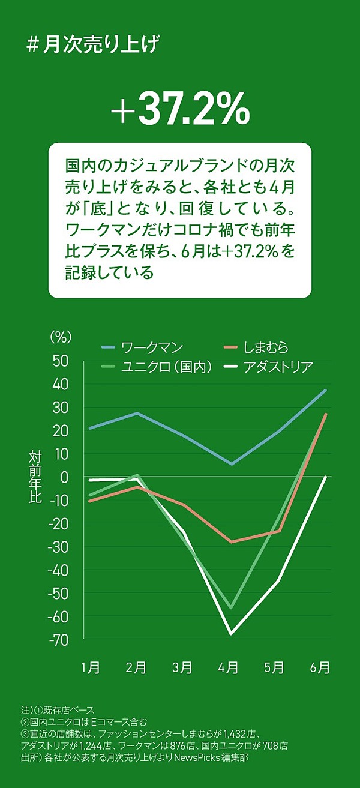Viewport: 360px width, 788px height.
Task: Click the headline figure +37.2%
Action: click(180, 109)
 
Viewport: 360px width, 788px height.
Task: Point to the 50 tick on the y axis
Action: click(60, 361)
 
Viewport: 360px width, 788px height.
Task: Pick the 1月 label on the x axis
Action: click(91, 667)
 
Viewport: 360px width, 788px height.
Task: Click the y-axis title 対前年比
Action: click(35, 477)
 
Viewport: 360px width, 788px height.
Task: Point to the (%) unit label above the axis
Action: click(61, 337)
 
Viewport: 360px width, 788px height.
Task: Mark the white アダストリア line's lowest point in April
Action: click(230, 634)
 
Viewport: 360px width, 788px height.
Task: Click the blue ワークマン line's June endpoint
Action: click(326, 390)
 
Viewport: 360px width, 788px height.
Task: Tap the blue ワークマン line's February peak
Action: click(137, 413)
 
